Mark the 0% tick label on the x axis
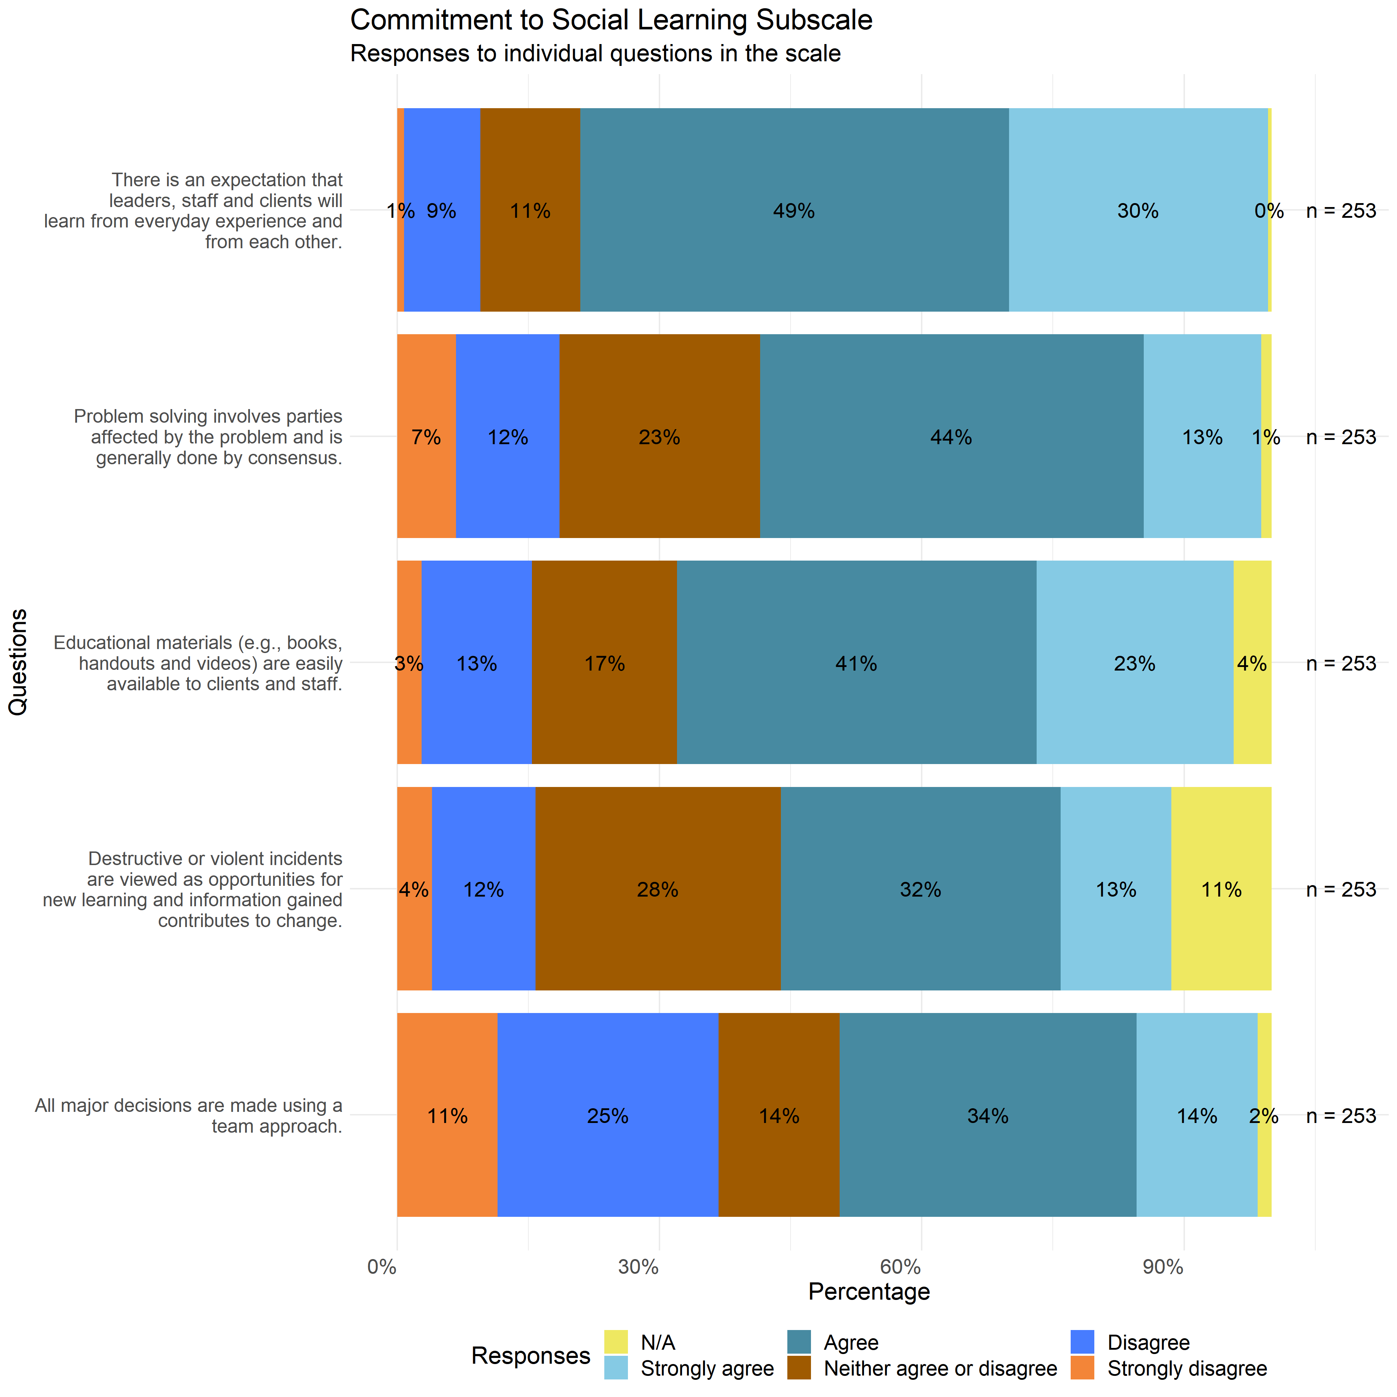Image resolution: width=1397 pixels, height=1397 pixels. (382, 1267)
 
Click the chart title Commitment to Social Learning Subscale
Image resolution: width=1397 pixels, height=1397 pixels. (611, 20)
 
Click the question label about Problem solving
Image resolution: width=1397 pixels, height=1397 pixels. (208, 437)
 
